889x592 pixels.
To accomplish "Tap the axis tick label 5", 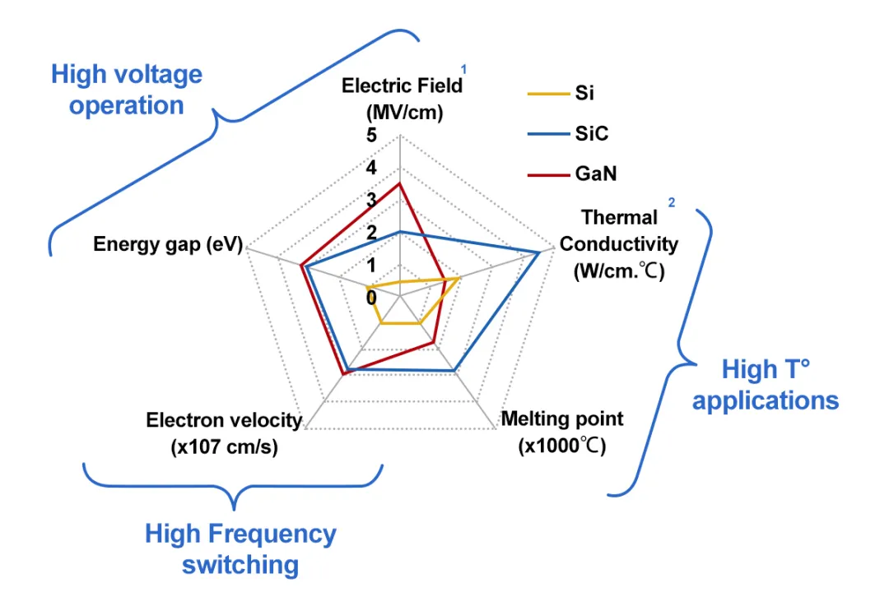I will pyautogui.click(x=372, y=136).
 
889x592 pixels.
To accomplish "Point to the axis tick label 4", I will pyautogui.click(x=372, y=169).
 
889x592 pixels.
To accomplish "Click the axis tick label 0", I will pyautogui.click(x=372, y=297).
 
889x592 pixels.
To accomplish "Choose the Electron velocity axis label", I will pyautogui.click(x=224, y=433).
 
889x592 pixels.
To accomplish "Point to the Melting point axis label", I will pyautogui.click(x=562, y=432).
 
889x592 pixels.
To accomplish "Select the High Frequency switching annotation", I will pyautogui.click(x=240, y=548).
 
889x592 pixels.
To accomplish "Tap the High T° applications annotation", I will pyautogui.click(x=765, y=385).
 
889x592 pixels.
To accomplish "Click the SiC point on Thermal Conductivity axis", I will pyautogui.click(x=539, y=252).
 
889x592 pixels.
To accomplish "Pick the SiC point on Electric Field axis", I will pyautogui.click(x=399, y=232).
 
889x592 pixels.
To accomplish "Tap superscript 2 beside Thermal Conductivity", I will pyautogui.click(x=671, y=202).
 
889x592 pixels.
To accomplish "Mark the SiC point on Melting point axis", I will pyautogui.click(x=454, y=372).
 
